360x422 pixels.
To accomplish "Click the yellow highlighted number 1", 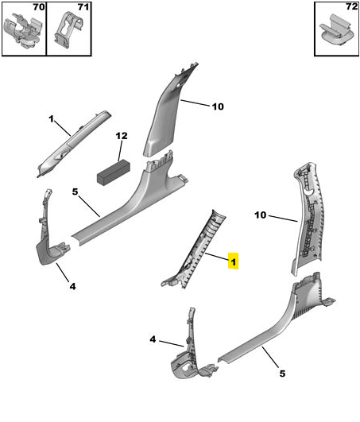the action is pos(233,261).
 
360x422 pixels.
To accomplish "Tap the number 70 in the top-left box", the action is pos(39,7).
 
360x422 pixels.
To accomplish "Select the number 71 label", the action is pos(83,7).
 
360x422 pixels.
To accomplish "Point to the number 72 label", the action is pos(351,6).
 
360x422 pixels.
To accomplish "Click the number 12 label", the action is pos(122,136).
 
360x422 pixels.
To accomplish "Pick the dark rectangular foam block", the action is pos(114,172).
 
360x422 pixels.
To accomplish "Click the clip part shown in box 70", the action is pos(23,29).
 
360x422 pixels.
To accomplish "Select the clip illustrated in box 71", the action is pos(68,29).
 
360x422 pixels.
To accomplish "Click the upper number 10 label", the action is pos(218,106).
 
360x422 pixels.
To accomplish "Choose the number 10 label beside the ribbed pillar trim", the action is pos(260,215).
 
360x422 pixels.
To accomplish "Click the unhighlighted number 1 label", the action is pos(51,118).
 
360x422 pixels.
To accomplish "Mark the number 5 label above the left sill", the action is pos(75,192).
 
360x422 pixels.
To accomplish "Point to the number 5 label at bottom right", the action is pos(282,374).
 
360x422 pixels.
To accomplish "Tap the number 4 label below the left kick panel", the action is pos(72,286).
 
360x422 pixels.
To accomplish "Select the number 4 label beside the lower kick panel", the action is pos(153,339).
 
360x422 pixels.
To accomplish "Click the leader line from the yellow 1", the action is pos(217,257).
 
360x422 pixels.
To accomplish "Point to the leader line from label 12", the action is pos(120,151).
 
